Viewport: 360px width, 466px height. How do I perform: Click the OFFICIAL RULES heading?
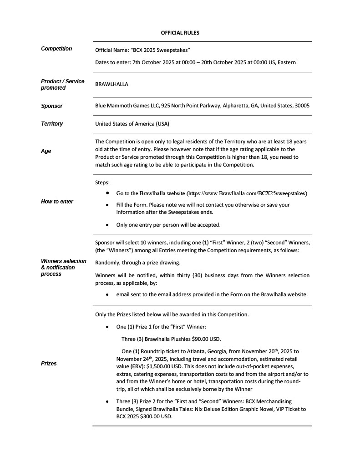[180, 33]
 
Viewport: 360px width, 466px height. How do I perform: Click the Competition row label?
[56, 49]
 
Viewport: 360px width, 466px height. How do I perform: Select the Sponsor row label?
[52, 106]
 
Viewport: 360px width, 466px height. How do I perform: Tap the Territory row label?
[52, 124]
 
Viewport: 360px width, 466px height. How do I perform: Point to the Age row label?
[46, 151]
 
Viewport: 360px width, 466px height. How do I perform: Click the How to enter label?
[57, 202]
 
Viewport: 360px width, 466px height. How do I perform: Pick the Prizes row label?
[49, 364]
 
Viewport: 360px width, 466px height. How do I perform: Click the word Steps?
[102, 182]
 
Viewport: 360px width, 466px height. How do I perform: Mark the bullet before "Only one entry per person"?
[107, 225]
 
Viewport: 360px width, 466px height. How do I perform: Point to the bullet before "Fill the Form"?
[107, 205]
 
